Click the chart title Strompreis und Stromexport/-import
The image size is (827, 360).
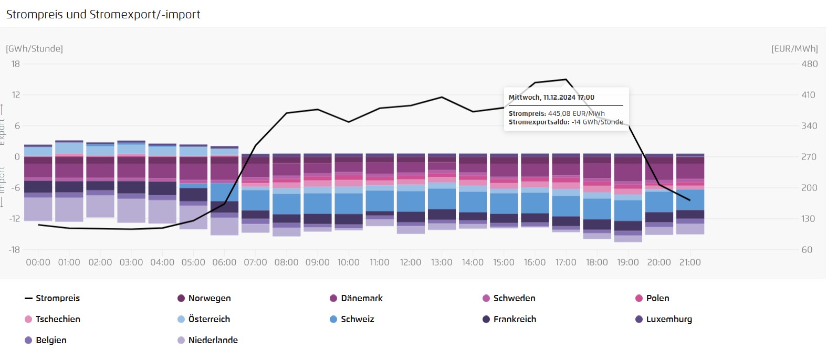103,15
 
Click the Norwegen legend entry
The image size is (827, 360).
209,298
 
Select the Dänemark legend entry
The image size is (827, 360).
361,298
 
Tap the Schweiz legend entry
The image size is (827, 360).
357,319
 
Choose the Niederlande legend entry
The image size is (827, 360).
213,340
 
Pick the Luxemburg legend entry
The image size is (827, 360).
668,319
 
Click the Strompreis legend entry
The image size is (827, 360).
57,298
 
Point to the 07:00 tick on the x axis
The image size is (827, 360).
255,262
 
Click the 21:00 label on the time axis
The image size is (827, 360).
690,262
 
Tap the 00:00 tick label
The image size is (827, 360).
38,262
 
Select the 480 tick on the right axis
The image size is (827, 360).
809,64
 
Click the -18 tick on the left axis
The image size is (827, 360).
14,250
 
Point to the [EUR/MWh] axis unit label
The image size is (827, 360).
794,49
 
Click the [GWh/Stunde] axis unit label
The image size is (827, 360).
34,49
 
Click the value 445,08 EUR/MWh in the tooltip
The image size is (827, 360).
576,113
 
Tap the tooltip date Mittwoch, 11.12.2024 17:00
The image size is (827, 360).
551,97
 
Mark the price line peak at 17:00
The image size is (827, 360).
566,80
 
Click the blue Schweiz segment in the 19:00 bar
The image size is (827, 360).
628,210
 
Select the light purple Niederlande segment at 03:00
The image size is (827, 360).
131,210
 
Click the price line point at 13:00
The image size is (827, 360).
442,97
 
